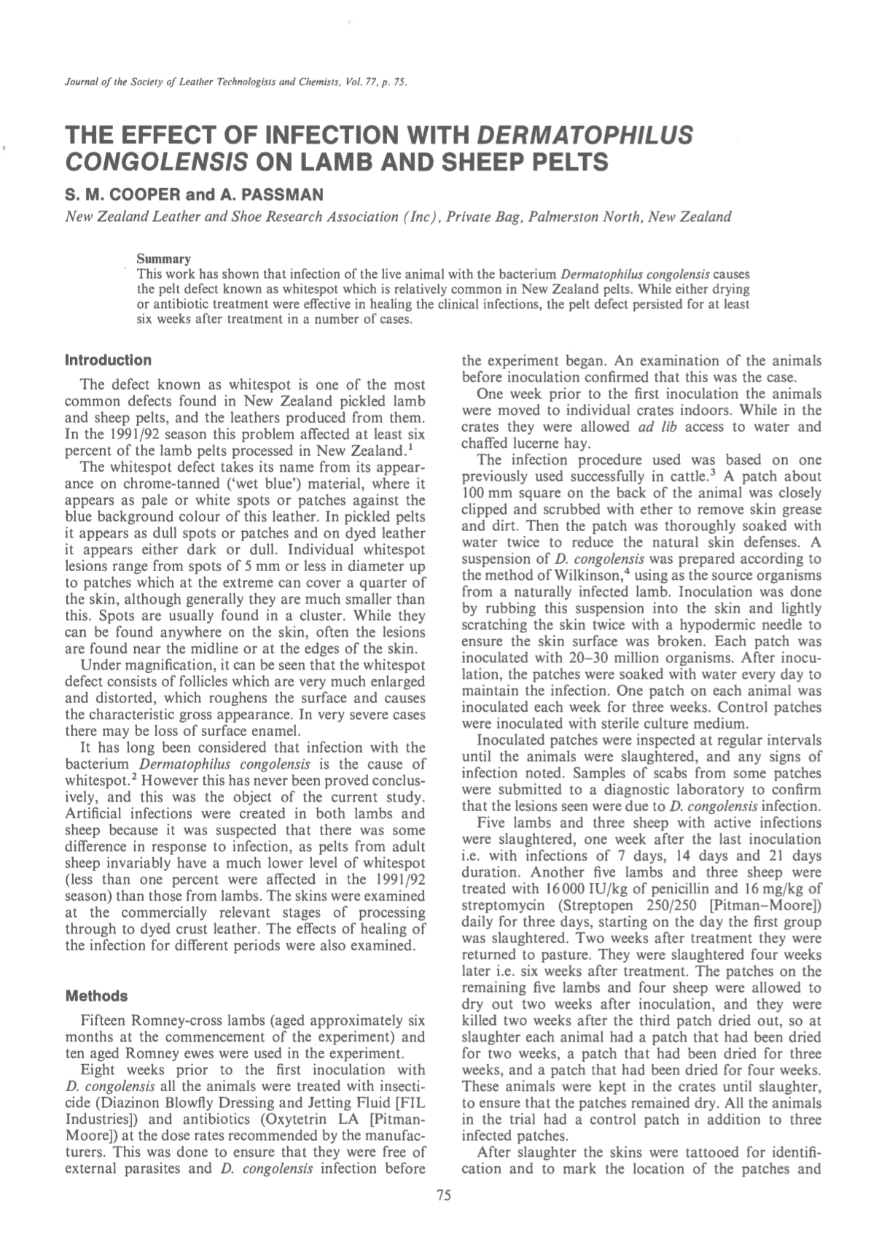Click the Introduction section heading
[109, 360]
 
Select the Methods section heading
[97, 996]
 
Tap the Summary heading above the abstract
[164, 259]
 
